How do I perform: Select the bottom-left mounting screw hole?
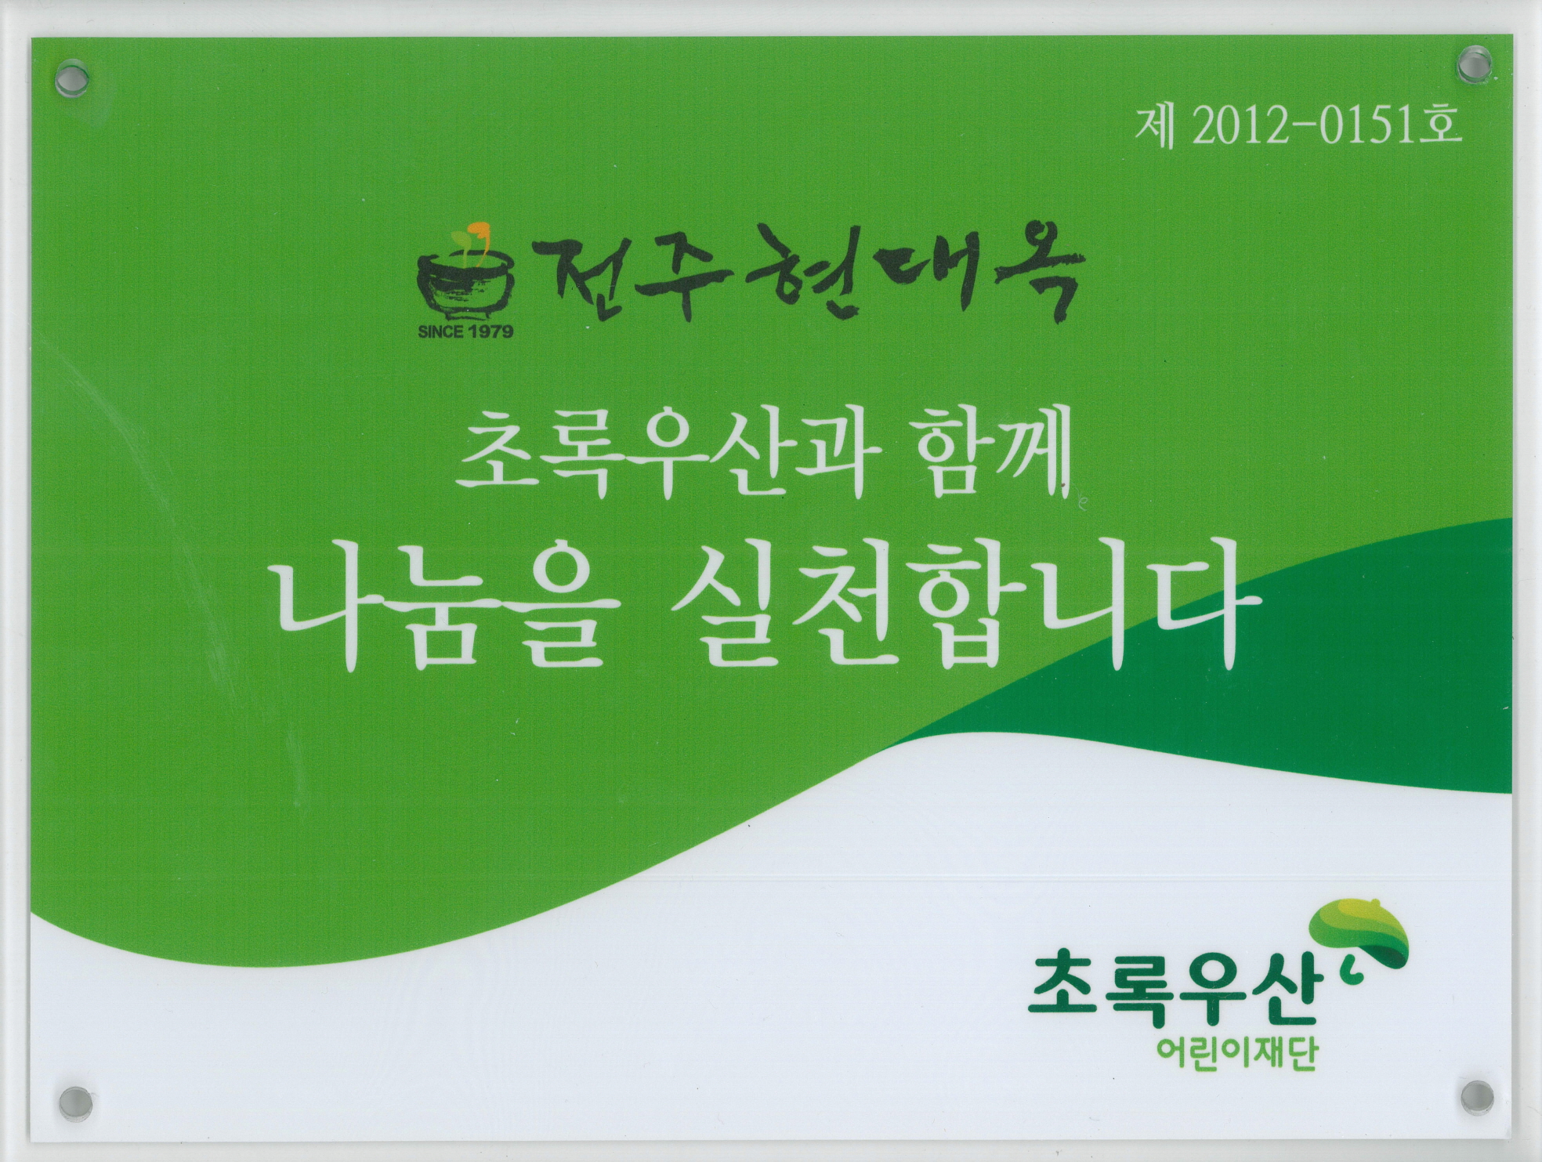coord(76,1102)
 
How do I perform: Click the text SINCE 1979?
coord(465,331)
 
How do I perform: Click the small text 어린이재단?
coord(1238,1052)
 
